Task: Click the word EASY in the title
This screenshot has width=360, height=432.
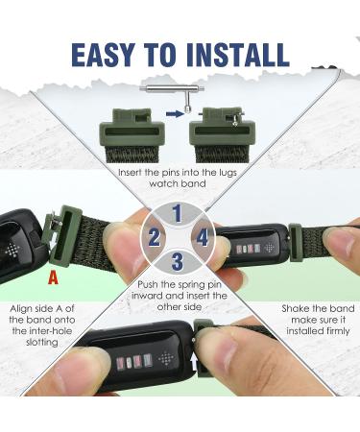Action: (103, 55)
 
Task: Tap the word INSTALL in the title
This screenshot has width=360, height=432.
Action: (238, 55)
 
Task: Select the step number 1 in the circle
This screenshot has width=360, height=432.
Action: (178, 213)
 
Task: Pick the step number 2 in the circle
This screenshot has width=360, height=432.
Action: (154, 238)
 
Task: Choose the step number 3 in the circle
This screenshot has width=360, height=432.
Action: (177, 261)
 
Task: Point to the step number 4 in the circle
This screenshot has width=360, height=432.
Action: (203, 238)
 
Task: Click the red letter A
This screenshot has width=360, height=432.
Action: (53, 277)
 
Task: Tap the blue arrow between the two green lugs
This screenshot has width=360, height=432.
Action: (175, 113)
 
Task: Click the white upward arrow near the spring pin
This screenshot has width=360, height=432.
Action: (194, 363)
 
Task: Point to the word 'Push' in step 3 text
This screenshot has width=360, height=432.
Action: (150, 284)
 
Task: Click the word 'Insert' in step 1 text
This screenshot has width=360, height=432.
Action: (131, 173)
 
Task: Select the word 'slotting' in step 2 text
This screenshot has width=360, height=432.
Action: (42, 343)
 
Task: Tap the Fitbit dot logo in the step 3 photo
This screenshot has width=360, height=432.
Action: (166, 359)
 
